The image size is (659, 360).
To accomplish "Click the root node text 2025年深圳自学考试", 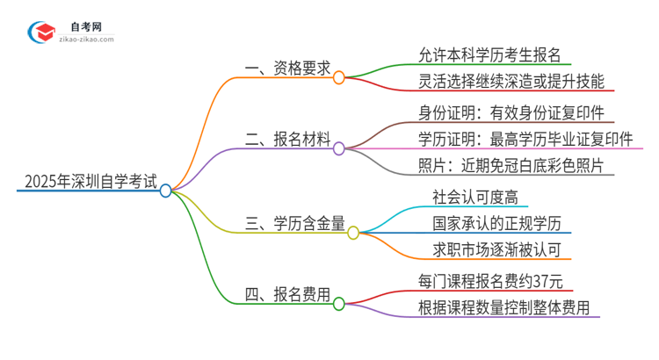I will click(91, 184).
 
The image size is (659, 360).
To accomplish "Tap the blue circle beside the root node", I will click(166, 190).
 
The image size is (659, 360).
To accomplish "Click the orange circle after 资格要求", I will click(338, 78).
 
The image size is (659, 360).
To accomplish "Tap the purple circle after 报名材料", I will click(339, 149).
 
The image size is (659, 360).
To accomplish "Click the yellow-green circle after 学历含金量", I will click(353, 233).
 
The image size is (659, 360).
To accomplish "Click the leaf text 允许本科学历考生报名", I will click(496, 53).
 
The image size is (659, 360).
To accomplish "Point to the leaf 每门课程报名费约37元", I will click(497, 282).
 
